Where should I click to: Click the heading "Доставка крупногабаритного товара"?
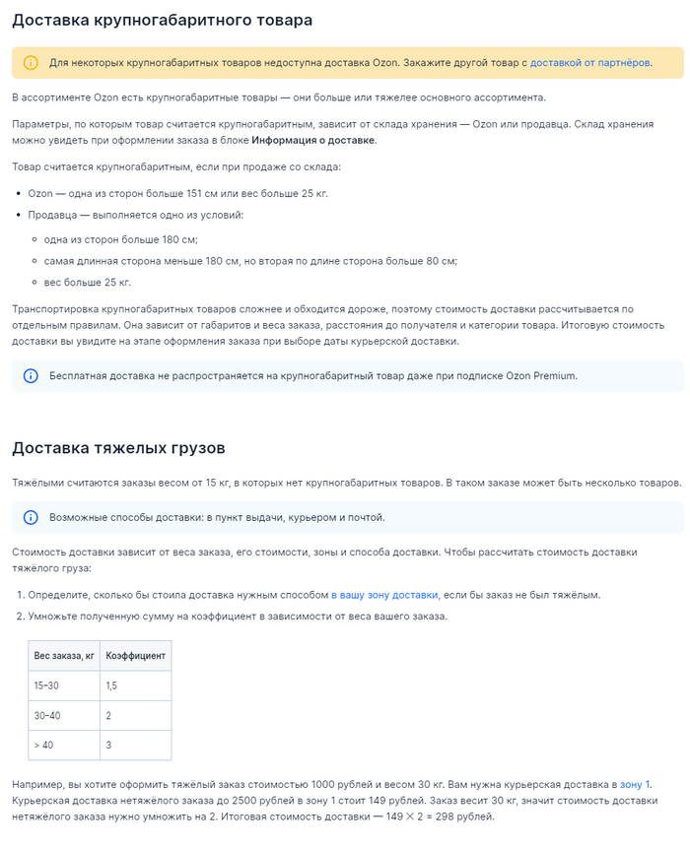pyautogui.click(x=163, y=20)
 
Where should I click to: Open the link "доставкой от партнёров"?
pyautogui.click(x=590, y=63)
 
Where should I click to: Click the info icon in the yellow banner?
pyautogui.click(x=31, y=63)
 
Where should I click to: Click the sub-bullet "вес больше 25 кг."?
pyautogui.click(x=87, y=283)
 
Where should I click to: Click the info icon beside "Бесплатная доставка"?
pyautogui.click(x=31, y=375)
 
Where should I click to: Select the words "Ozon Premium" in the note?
pyautogui.click(x=540, y=375)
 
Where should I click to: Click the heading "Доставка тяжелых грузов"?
pyautogui.click(x=118, y=448)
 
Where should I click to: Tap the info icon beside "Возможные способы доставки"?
pyautogui.click(x=31, y=517)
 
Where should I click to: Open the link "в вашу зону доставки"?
pyautogui.click(x=383, y=595)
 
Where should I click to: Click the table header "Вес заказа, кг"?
pyautogui.click(x=64, y=655)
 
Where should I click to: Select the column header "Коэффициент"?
pyautogui.click(x=136, y=655)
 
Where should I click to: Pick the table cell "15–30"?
pyautogui.click(x=46, y=685)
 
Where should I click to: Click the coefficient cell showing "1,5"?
pyautogui.click(x=111, y=685)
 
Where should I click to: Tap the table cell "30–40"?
pyautogui.click(x=46, y=715)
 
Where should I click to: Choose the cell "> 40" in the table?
pyautogui.click(x=43, y=745)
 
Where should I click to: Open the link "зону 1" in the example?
pyautogui.click(x=635, y=784)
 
